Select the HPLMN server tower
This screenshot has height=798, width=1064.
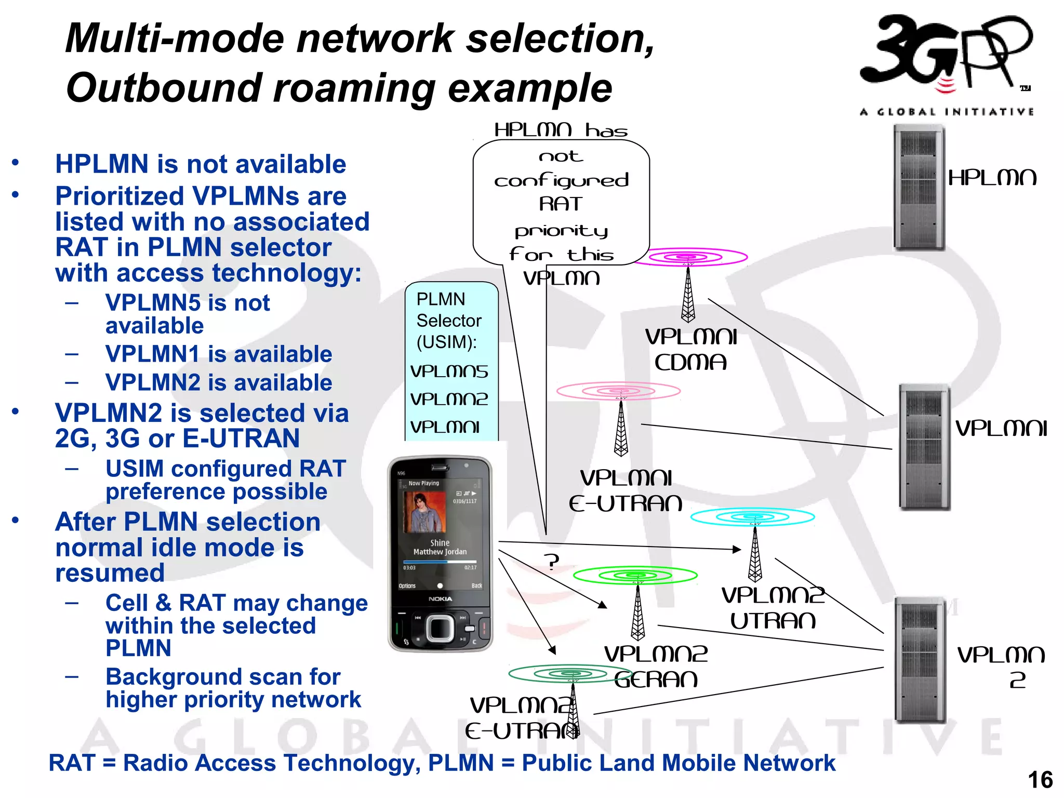[918, 188]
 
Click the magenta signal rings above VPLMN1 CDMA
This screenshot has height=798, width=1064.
[689, 257]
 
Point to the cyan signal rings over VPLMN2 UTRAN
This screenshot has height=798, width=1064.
[752, 517]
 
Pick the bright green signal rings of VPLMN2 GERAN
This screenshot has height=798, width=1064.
[635, 575]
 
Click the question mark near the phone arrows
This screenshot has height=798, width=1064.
[552, 562]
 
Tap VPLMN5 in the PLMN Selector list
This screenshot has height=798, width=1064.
[449, 371]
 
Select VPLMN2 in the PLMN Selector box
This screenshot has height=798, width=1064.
[449, 399]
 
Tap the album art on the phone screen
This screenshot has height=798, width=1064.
[425, 512]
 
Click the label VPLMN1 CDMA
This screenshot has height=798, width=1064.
[690, 350]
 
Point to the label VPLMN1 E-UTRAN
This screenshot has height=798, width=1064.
[626, 490]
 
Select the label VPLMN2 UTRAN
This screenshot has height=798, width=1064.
[773, 608]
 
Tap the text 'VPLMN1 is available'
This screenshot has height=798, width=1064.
[218, 354]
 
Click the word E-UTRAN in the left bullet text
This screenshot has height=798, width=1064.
[241, 438]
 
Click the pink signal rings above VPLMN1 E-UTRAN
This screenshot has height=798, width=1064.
[618, 391]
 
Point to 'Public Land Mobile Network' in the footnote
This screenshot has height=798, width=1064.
[678, 763]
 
